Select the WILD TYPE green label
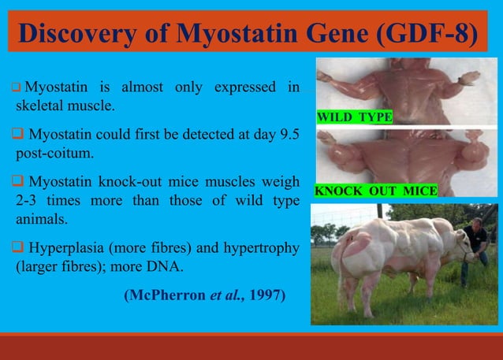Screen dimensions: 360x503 [x=354, y=117]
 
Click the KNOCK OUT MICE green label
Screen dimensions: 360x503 [x=376, y=191]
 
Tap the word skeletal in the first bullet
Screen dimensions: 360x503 [x=42, y=105]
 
